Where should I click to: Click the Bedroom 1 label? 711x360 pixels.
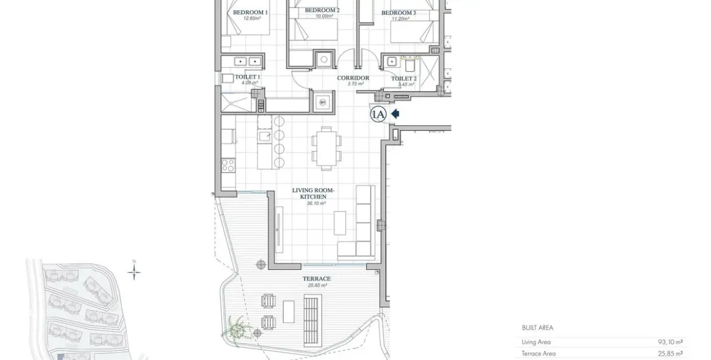click(250, 12)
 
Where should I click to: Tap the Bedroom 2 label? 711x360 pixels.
click(322, 10)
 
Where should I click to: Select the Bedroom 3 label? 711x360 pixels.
click(399, 13)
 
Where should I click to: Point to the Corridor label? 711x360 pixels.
click(353, 78)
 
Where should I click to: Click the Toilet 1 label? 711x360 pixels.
click(247, 77)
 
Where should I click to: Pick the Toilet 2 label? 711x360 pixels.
click(403, 79)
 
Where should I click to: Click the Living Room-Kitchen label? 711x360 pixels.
click(309, 193)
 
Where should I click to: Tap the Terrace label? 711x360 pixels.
click(317, 279)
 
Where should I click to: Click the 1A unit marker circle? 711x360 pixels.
click(378, 114)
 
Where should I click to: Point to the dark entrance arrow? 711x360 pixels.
click(395, 113)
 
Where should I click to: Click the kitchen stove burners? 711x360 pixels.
click(228, 165)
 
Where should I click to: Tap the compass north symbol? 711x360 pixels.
click(134, 270)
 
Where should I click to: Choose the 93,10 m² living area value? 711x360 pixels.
click(670, 342)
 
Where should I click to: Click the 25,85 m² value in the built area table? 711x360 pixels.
click(670, 353)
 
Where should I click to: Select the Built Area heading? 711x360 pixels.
click(537, 328)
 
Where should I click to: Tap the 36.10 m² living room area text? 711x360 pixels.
click(316, 203)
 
